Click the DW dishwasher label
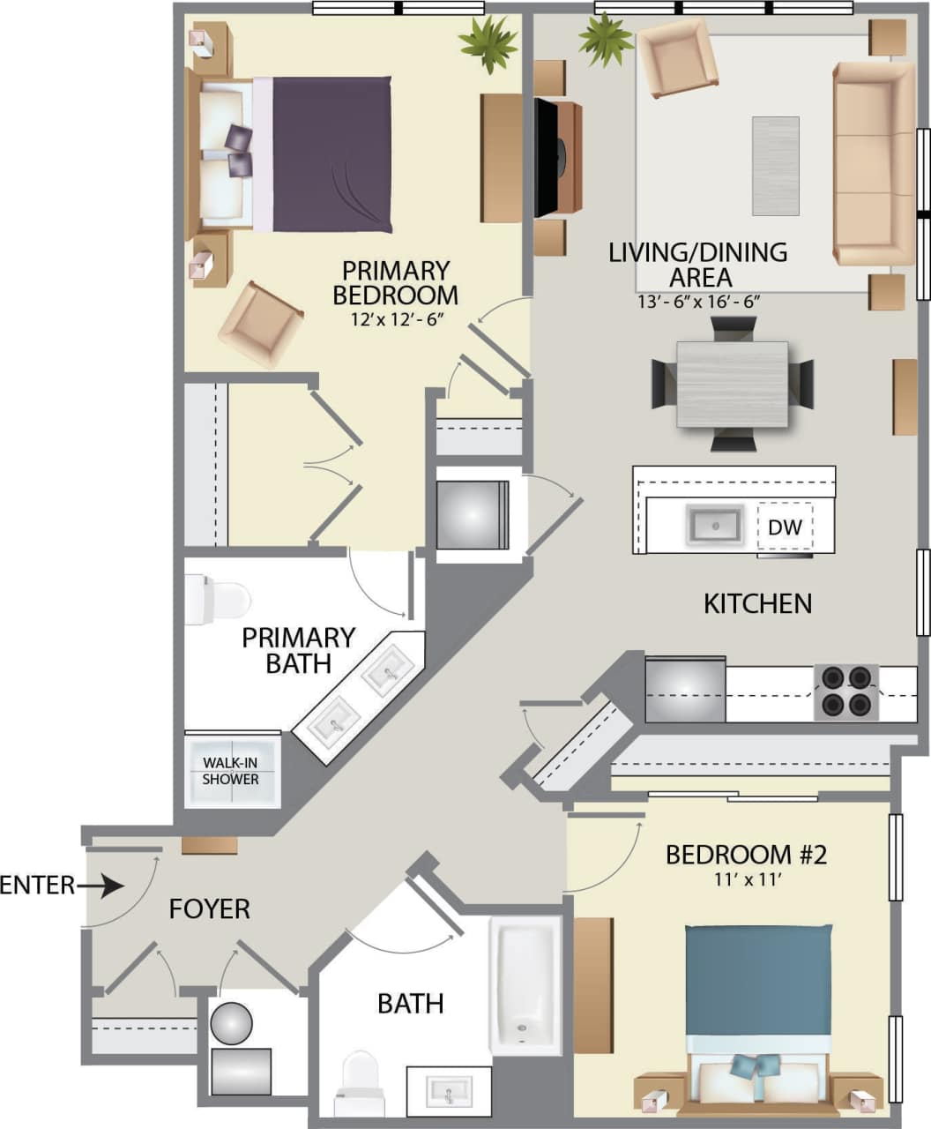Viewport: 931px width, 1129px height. pyautogui.click(x=785, y=527)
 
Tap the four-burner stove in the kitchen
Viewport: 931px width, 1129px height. pyautogui.click(x=845, y=691)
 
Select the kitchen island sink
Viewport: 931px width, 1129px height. pyautogui.click(x=715, y=527)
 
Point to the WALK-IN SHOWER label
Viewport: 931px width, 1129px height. pyautogui.click(x=231, y=771)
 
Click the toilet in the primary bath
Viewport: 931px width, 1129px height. pyautogui.click(x=216, y=600)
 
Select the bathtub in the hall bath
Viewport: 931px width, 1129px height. pyautogui.click(x=525, y=984)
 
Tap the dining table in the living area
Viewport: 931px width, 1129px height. pyautogui.click(x=732, y=384)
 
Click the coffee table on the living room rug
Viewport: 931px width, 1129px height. pyautogui.click(x=776, y=166)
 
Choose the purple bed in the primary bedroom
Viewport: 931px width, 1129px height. pyautogui.click(x=331, y=154)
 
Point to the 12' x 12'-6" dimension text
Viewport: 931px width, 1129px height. pyautogui.click(x=395, y=318)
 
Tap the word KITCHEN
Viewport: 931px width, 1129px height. pyautogui.click(x=757, y=603)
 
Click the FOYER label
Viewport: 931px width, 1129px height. pyautogui.click(x=210, y=908)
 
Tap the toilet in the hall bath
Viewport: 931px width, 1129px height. pyautogui.click(x=360, y=1082)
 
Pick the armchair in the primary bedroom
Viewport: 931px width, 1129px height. pyautogui.click(x=261, y=323)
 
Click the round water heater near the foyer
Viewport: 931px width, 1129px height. pyautogui.click(x=231, y=1023)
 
